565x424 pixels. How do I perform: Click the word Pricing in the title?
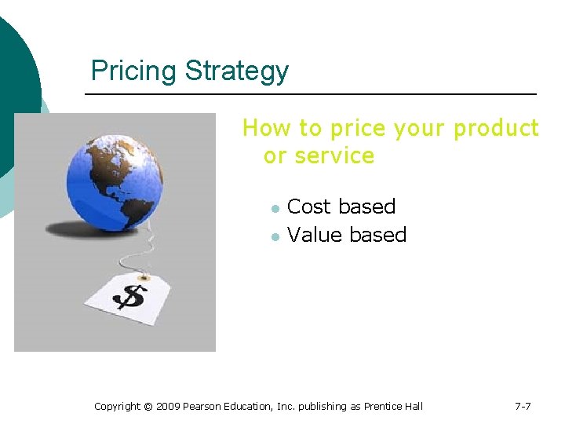134,71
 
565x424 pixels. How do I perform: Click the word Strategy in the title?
237,71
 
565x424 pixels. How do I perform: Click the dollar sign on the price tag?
129,297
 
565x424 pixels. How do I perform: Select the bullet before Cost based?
275,208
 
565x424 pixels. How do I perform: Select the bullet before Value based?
275,236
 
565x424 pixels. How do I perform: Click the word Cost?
308,207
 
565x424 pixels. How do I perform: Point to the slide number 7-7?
523,406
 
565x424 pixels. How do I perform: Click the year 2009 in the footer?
169,406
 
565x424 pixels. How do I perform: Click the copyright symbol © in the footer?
149,406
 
